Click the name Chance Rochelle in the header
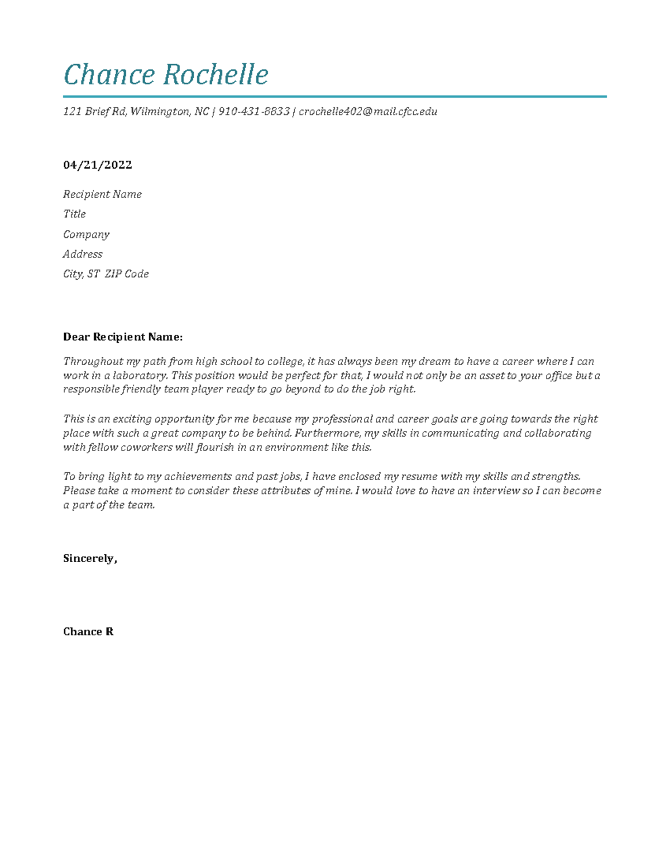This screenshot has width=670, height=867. pos(166,75)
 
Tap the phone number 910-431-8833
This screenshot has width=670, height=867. pos(254,112)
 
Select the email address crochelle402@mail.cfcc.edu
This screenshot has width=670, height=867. pos(368,112)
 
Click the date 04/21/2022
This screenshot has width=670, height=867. pos(98,165)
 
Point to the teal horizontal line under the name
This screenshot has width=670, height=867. pos(335,97)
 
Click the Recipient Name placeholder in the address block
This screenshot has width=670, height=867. pos(102,194)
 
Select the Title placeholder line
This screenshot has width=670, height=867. pos(74,214)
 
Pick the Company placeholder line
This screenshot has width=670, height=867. pos(86,234)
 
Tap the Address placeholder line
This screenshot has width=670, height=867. pos(83,254)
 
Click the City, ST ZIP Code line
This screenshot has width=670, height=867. pos(106,274)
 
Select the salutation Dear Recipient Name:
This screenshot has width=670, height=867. pos(123,337)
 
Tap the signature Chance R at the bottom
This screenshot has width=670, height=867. pos(88,631)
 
